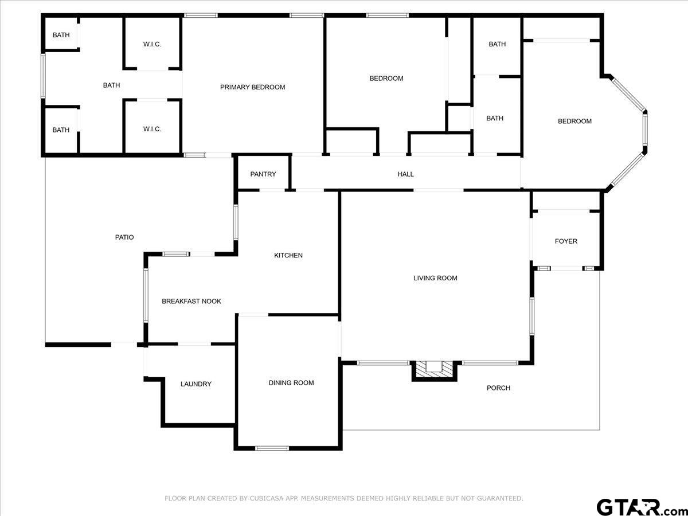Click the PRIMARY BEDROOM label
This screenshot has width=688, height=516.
253,87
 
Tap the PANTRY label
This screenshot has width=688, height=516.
263,174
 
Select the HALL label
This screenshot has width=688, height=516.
406,174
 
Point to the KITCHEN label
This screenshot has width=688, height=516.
288,255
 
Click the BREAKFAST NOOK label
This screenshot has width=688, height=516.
191,301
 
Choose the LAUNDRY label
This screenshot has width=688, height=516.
196,384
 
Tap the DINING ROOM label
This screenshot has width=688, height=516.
291,382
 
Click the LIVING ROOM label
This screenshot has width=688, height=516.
436,278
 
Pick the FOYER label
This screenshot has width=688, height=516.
566,241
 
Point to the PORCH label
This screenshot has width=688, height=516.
498,388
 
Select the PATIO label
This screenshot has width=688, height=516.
124,237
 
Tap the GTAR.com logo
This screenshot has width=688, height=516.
637,507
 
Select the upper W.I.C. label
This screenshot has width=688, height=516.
152,44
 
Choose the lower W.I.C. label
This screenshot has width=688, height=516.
152,129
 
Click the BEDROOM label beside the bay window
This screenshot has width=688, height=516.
575,121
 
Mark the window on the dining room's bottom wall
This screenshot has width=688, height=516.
272,448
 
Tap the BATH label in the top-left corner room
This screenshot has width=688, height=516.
61,35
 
